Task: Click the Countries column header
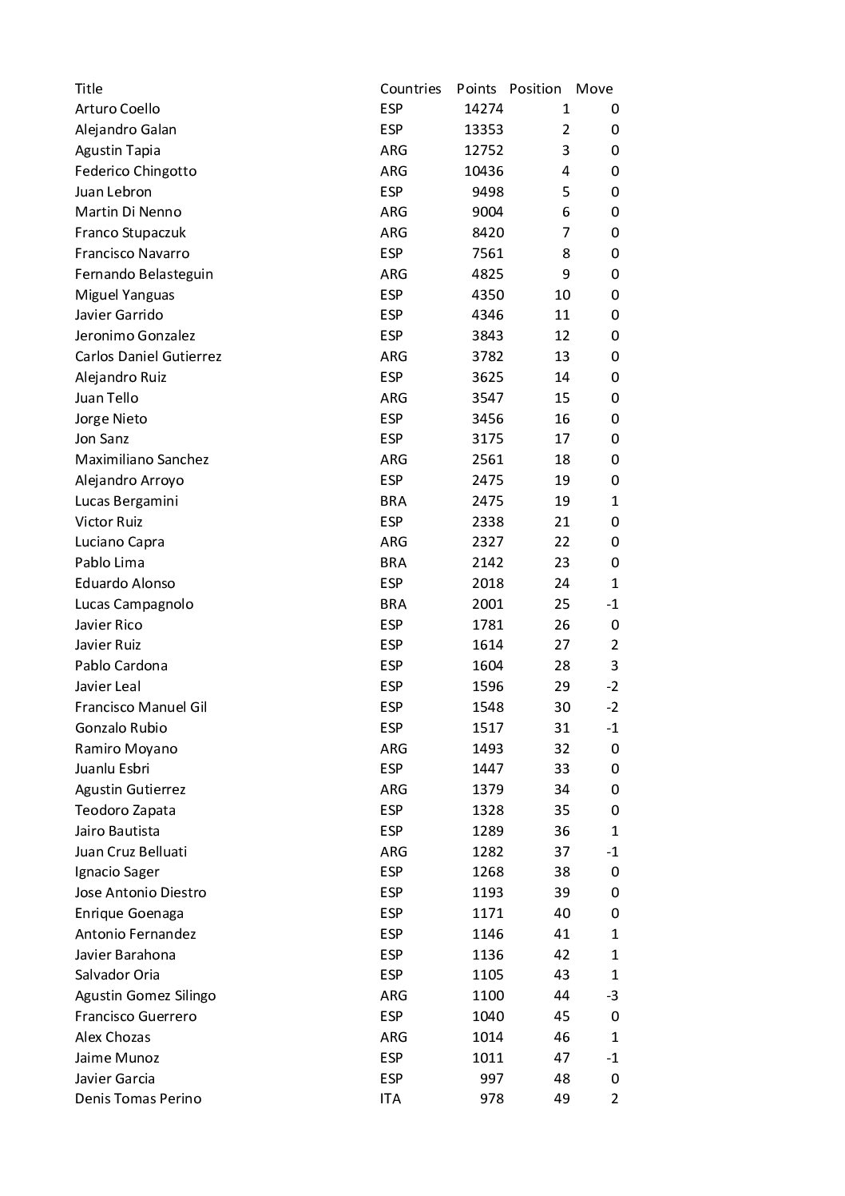tap(411, 89)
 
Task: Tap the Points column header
tap(476, 89)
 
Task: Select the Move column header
tap(594, 89)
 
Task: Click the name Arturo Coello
tap(117, 109)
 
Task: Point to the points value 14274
tap(484, 109)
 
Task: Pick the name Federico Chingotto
tap(136, 171)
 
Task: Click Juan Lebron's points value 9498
tap(487, 192)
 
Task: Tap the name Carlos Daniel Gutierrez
tap(148, 356)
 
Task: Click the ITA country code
tap(391, 1099)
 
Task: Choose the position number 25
tap(562, 604)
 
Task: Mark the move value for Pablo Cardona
tap(614, 666)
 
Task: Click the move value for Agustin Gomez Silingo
tap(613, 995)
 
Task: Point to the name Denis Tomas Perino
tap(138, 1099)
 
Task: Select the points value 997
tap(491, 1079)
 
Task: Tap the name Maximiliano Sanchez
tap(141, 459)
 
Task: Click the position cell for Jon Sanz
tap(562, 439)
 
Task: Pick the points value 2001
tap(487, 604)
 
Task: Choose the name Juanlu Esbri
tap(112, 769)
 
